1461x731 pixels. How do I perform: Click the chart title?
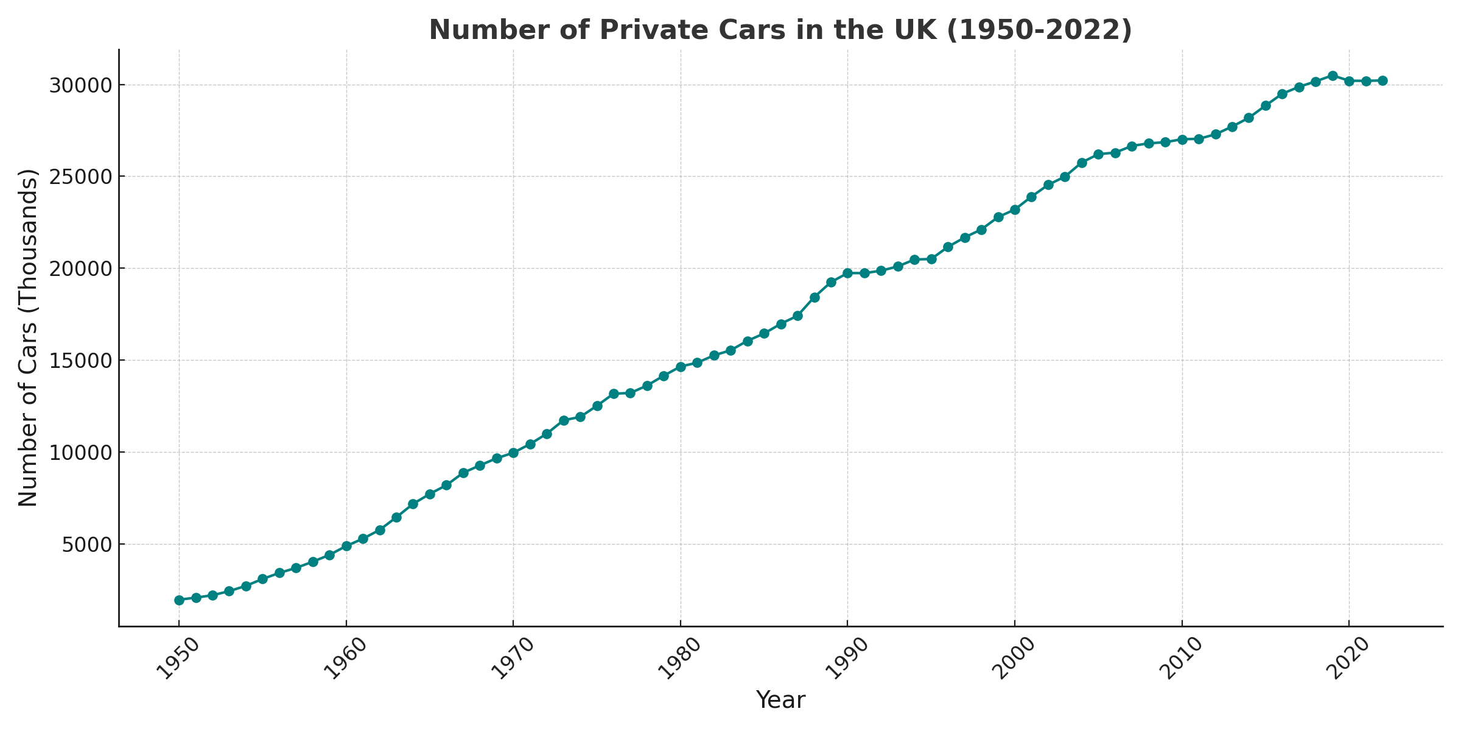tap(780, 30)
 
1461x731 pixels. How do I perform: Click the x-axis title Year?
tap(780, 700)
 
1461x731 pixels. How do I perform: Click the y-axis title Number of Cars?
tap(29, 337)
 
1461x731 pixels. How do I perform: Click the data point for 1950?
tap(179, 600)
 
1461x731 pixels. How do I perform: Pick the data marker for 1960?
tap(346, 546)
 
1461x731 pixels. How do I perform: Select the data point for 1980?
tap(681, 367)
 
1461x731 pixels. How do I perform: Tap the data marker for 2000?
tap(1015, 210)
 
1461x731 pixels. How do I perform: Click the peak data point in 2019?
tap(1333, 76)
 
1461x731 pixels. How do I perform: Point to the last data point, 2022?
tap(1382, 80)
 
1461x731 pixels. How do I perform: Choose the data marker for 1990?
tap(847, 273)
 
